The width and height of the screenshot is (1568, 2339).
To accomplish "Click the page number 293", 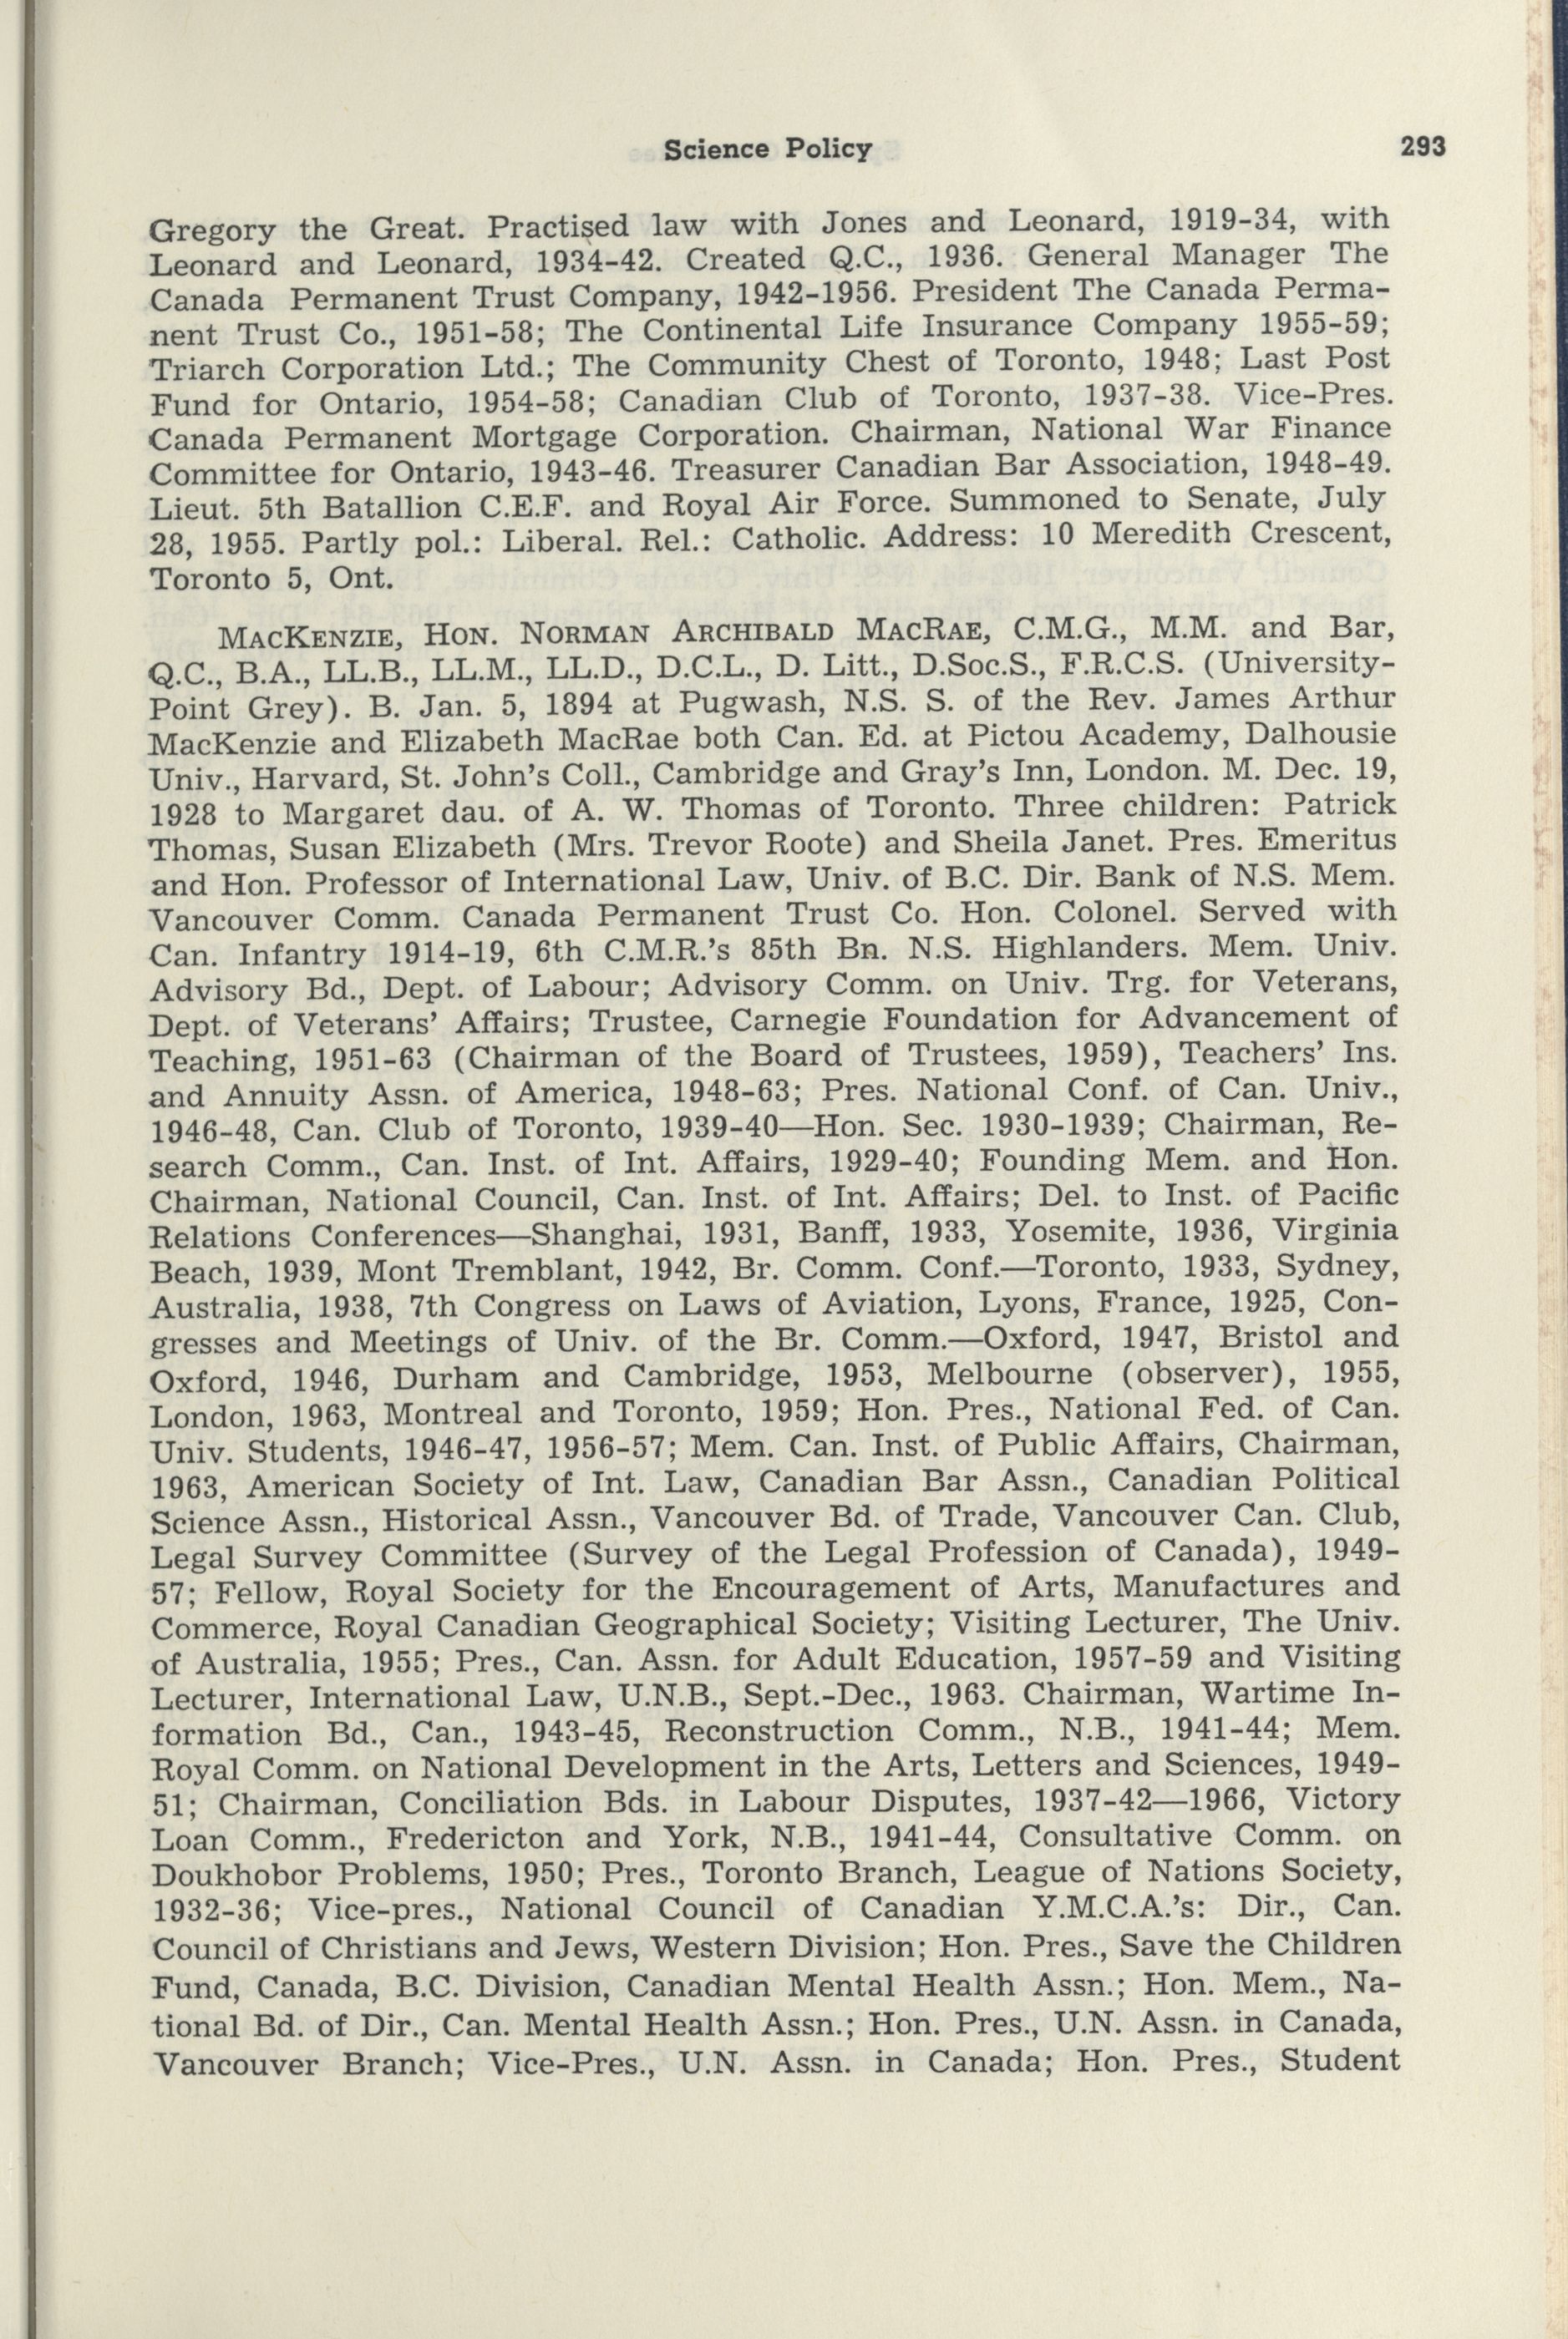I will [1421, 147].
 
